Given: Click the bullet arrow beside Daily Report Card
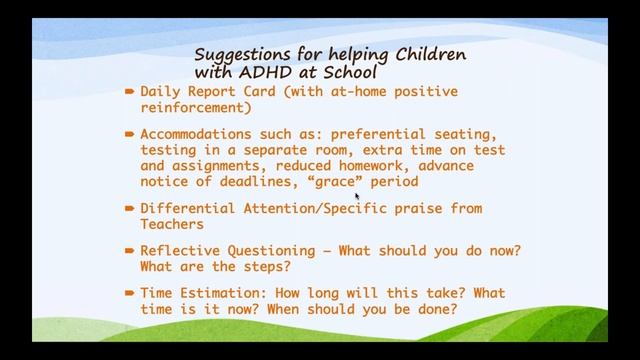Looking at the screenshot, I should pos(130,91).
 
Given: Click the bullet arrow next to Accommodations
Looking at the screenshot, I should pos(130,133).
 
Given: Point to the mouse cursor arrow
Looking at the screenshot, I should pos(357,197).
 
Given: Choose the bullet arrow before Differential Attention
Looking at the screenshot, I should pos(130,208).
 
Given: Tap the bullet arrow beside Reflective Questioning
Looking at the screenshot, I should pos(130,250).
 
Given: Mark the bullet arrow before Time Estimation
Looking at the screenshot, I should pos(130,292).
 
